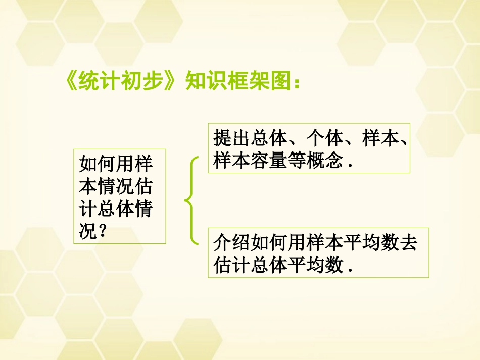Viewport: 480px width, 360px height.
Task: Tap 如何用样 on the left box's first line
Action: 116,164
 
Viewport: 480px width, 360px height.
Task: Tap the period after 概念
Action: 349,165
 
